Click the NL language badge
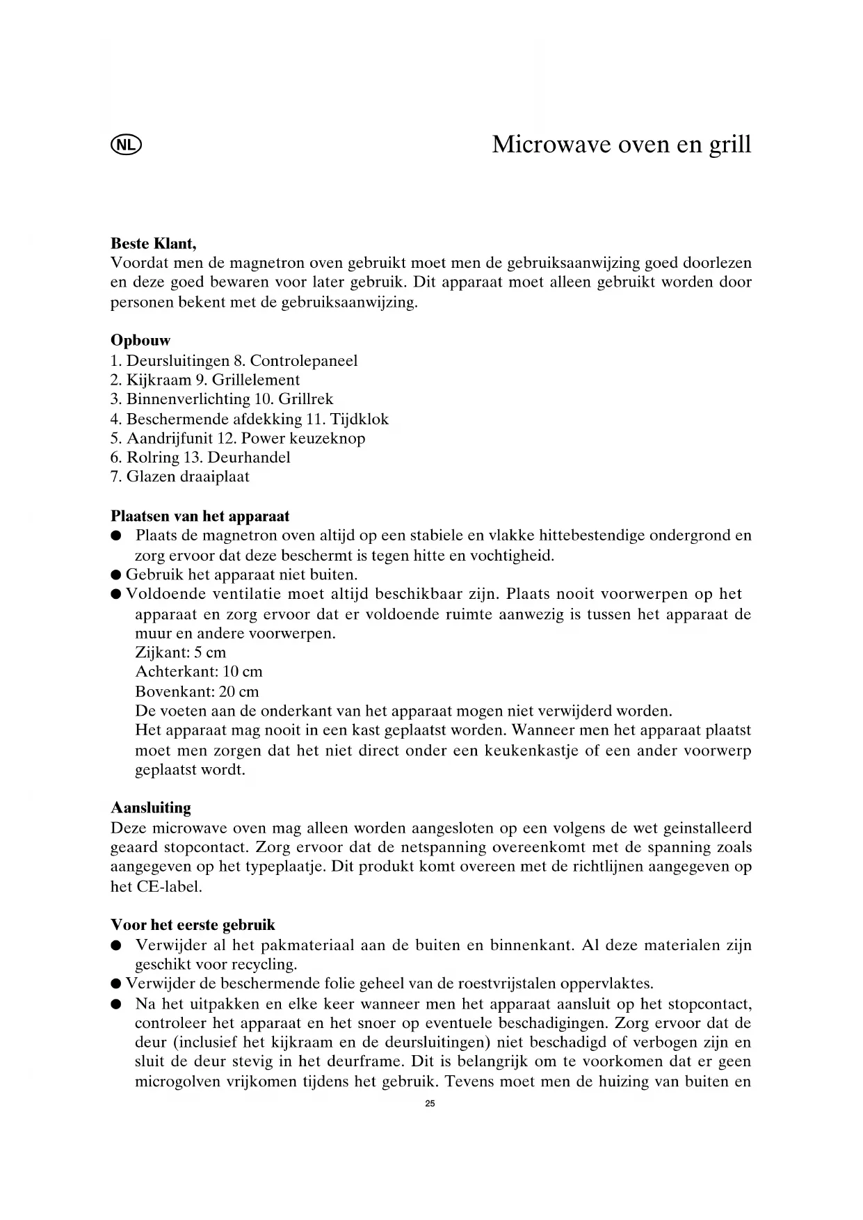[125, 145]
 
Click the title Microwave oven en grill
[621, 145]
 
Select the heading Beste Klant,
[153, 244]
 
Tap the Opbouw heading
[140, 341]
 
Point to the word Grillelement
[256, 380]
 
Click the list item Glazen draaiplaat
[179, 476]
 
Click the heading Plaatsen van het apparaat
[200, 516]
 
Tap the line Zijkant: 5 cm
[180, 652]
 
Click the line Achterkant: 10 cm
[198, 672]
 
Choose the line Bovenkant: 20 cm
[197, 691]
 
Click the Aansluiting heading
[151, 808]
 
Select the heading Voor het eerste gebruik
[193, 925]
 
